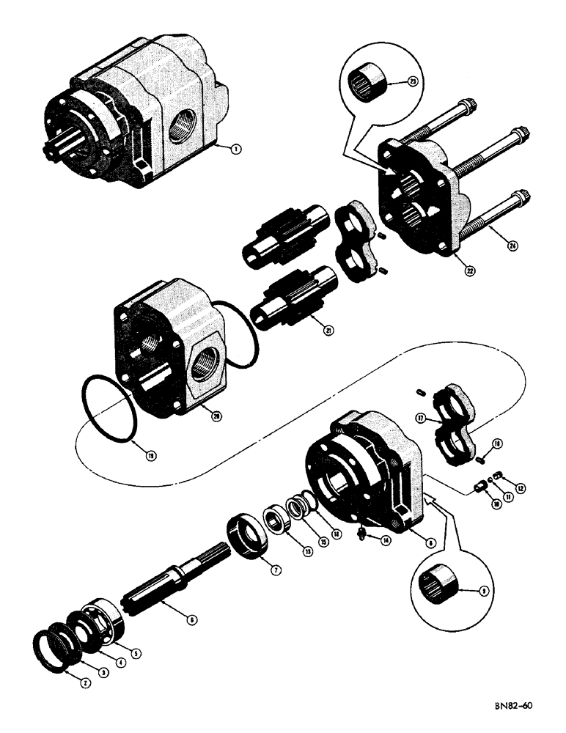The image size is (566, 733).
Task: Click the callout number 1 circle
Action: [x=235, y=149]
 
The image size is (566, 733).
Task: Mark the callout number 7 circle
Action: [x=276, y=570]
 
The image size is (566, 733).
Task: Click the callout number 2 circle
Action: [x=86, y=682]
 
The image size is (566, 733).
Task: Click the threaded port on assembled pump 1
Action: [x=181, y=126]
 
